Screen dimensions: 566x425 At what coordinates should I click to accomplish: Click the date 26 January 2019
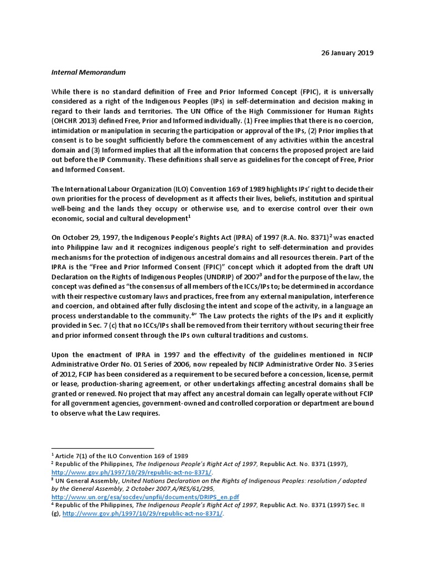point(348,53)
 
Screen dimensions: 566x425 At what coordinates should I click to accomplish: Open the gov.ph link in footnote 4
point(143,513)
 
